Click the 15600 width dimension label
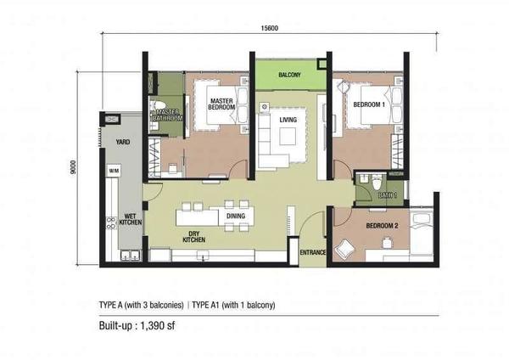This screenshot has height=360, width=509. pyautogui.click(x=270, y=28)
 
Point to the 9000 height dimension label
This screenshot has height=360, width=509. pyautogui.click(x=73, y=167)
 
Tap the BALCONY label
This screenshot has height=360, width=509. pyautogui.click(x=289, y=75)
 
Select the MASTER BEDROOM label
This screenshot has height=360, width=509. pyautogui.click(x=221, y=104)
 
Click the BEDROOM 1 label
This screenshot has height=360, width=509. pyautogui.click(x=369, y=104)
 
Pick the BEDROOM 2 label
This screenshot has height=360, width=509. pyautogui.click(x=382, y=226)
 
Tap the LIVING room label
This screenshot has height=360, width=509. pyautogui.click(x=288, y=120)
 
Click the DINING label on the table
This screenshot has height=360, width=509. pyautogui.click(x=236, y=216)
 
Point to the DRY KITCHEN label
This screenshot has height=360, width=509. pyautogui.click(x=193, y=237)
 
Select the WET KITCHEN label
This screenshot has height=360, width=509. pyautogui.click(x=130, y=219)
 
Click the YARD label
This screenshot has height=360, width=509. pyautogui.click(x=123, y=142)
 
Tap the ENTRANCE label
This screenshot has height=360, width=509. pyautogui.click(x=312, y=252)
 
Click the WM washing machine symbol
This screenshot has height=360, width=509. pyautogui.click(x=114, y=171)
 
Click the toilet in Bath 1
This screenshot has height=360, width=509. pyautogui.click(x=377, y=183)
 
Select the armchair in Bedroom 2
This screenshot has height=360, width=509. pyautogui.click(x=344, y=248)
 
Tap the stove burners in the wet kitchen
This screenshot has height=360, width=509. pyautogui.click(x=111, y=223)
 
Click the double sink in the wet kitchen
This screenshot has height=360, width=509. pyautogui.click(x=131, y=255)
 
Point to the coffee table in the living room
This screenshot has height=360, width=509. pyautogui.click(x=288, y=136)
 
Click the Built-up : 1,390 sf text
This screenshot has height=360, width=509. pyautogui.click(x=137, y=326)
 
